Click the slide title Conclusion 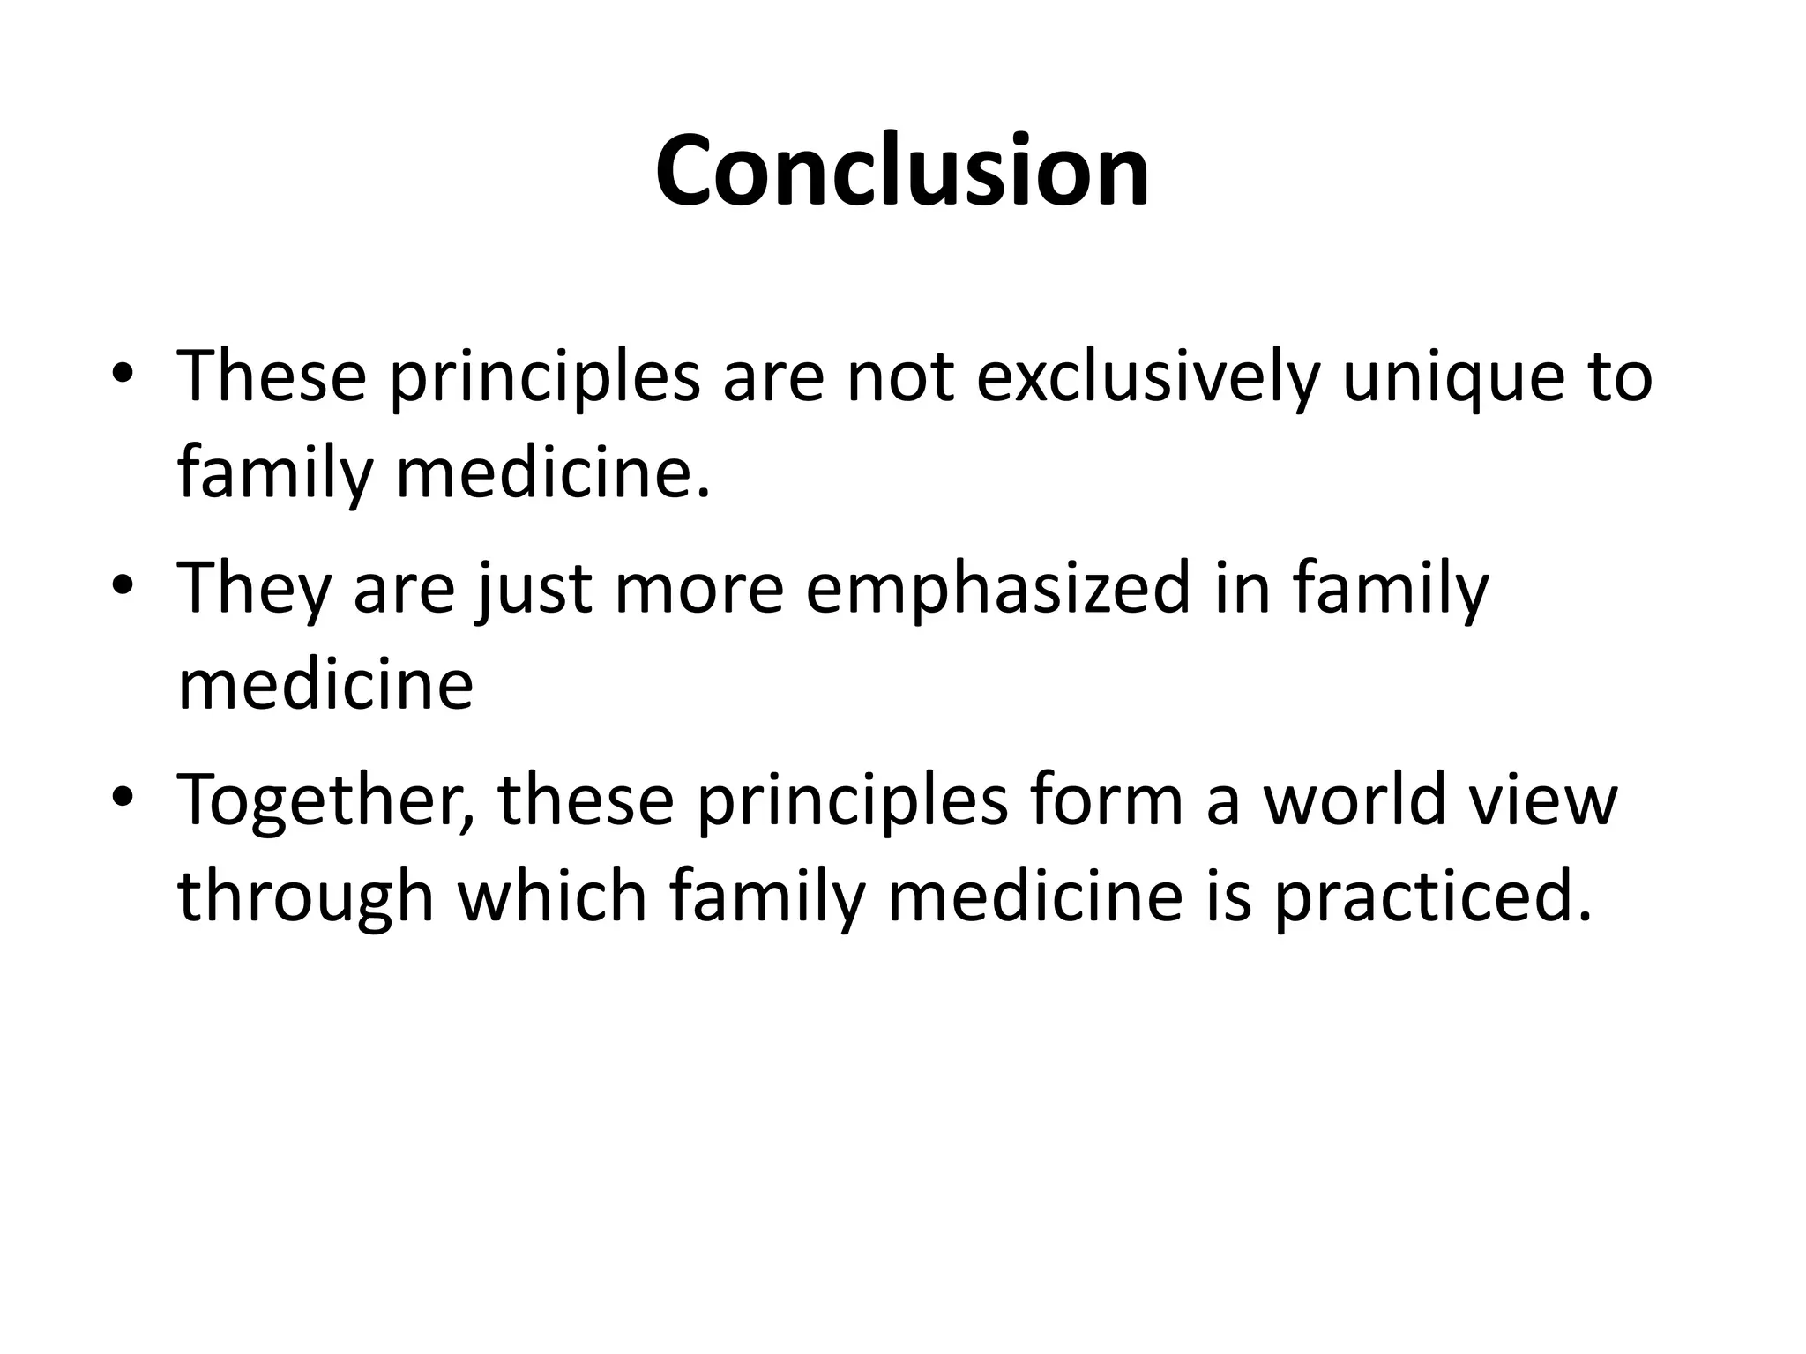pos(902,170)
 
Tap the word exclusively pos(1147,377)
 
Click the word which pos(551,896)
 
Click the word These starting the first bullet pos(272,377)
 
